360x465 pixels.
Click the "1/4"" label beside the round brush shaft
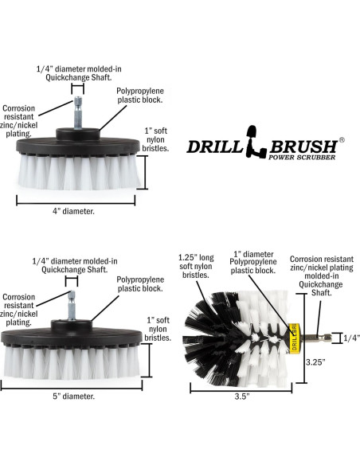(x=350, y=337)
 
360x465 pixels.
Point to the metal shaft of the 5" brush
(x=72, y=301)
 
